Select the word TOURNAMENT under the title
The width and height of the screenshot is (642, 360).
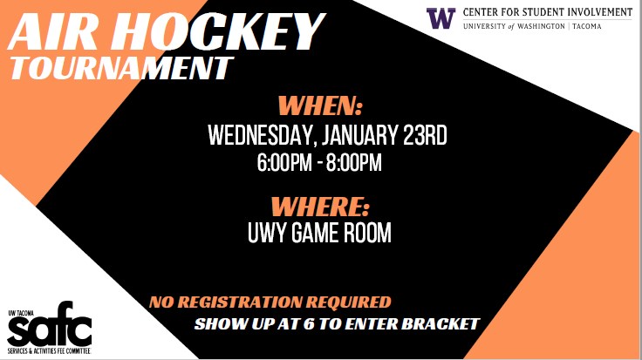(x=121, y=68)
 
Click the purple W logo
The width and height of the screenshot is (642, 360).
(x=441, y=18)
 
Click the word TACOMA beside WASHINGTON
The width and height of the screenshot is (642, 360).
(x=587, y=26)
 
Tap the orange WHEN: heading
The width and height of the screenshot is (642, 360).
(x=320, y=106)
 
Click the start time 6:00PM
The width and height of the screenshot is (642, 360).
(x=284, y=162)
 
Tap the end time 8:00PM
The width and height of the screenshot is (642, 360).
(x=354, y=162)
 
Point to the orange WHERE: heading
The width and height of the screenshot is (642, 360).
(x=320, y=207)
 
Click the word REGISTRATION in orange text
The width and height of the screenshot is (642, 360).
(x=241, y=302)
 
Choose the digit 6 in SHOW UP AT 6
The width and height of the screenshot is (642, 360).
(x=308, y=323)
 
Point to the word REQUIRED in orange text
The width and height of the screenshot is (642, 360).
(x=348, y=302)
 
